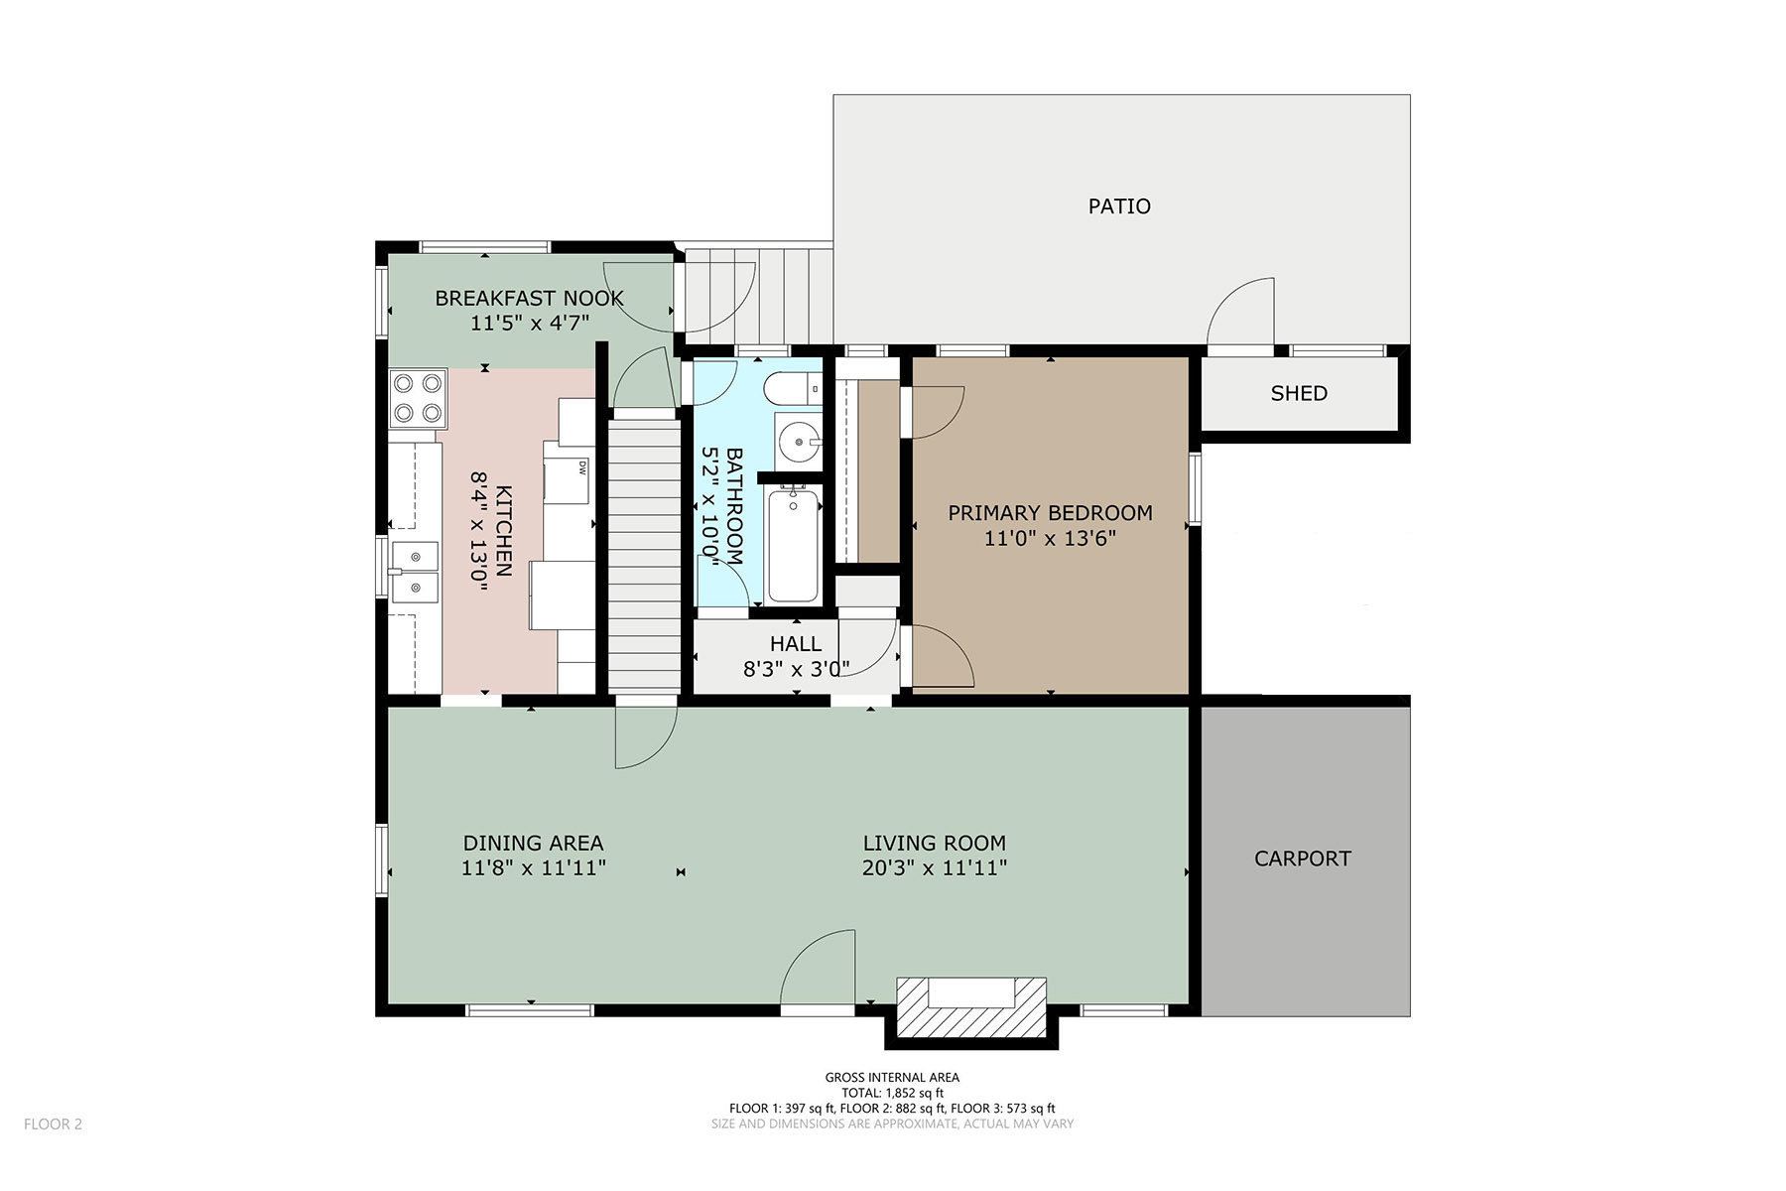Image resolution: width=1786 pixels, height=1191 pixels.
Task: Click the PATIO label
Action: tap(1119, 206)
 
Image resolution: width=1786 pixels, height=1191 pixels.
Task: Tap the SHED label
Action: tap(1299, 393)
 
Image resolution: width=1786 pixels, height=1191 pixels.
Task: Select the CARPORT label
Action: tap(1303, 859)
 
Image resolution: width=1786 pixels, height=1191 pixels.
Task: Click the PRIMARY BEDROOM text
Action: tap(1050, 513)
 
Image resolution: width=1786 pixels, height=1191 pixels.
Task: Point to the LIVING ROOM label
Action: tap(934, 843)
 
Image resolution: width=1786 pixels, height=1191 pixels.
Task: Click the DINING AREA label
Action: tap(533, 843)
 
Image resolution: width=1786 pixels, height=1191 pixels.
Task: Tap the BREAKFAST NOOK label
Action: tap(529, 298)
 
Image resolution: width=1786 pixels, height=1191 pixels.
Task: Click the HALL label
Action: tap(796, 644)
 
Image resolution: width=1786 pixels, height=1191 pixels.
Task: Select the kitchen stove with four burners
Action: tap(418, 399)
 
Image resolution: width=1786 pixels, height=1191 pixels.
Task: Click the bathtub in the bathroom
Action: tap(793, 545)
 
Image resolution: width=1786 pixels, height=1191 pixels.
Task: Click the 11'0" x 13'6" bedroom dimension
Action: tap(1050, 539)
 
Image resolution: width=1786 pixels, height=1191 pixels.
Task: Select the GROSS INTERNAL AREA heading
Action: tap(892, 1078)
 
